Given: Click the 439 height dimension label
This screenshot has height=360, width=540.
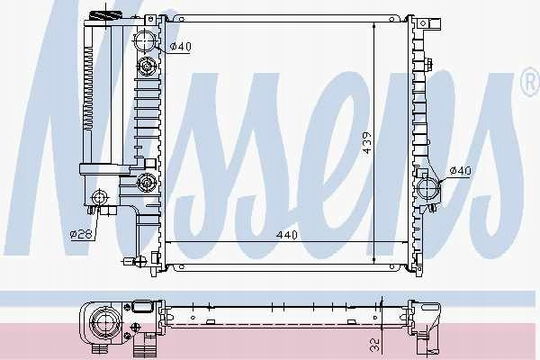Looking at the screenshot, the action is pos(367,143).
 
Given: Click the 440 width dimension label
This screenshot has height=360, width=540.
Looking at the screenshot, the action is pos(286,235).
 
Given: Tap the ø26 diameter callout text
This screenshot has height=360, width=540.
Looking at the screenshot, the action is pos(81,235).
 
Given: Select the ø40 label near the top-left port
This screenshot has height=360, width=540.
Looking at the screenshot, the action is pos(181,46).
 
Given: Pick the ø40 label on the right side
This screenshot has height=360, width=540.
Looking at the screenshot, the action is pos(461,170).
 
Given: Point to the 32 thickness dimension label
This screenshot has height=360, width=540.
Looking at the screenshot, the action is pos(374,345).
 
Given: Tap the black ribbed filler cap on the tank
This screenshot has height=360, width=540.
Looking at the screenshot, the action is pos(105,16).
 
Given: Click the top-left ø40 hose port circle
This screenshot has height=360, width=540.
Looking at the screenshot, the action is pos(145,41).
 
